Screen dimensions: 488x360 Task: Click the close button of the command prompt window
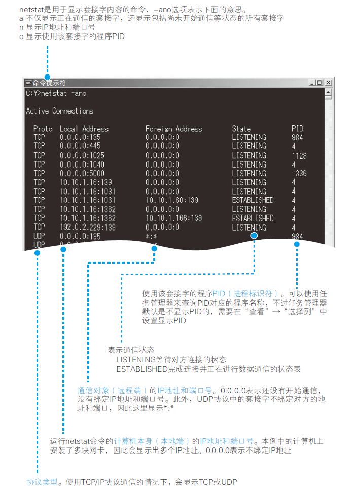pyautogui.click(x=329, y=83)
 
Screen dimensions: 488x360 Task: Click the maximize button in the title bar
pyautogui.click(x=320, y=83)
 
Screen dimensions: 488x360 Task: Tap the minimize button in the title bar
pyautogui.click(x=311, y=83)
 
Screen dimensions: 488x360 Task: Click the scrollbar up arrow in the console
pyautogui.click(x=328, y=93)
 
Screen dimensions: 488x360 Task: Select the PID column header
pyautogui.click(x=297, y=129)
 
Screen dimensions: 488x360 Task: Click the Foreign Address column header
pyautogui.click(x=173, y=129)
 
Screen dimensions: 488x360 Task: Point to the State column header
pyautogui.click(x=241, y=129)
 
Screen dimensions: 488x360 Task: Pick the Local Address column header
pyautogui.click(x=84, y=129)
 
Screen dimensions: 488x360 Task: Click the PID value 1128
pyautogui.click(x=299, y=156)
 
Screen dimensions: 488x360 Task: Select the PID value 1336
pyautogui.click(x=299, y=173)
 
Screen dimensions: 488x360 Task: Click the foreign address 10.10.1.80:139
pyautogui.click(x=172, y=200)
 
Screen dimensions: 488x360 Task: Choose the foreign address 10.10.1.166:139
pyautogui.click(x=174, y=218)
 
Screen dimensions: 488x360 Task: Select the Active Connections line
pyautogui.click(x=60, y=111)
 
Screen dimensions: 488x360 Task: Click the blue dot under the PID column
pyautogui.click(x=297, y=244)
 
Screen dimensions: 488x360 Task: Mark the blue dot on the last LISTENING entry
pyautogui.click(x=254, y=236)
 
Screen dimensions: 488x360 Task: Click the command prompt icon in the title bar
pyautogui.click(x=28, y=83)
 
